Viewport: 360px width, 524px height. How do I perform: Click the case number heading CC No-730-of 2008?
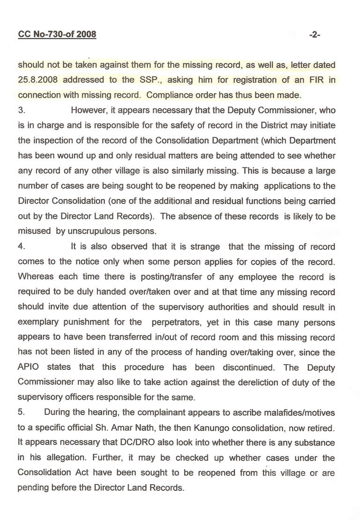[57, 34]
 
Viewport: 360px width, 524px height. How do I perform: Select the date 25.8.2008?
[37, 80]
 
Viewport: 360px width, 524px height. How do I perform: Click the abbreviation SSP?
[165, 80]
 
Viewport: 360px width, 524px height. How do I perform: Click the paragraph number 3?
[21, 111]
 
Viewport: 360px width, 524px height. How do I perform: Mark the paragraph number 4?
[21, 246]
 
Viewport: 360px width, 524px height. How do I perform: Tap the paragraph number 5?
[21, 412]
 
